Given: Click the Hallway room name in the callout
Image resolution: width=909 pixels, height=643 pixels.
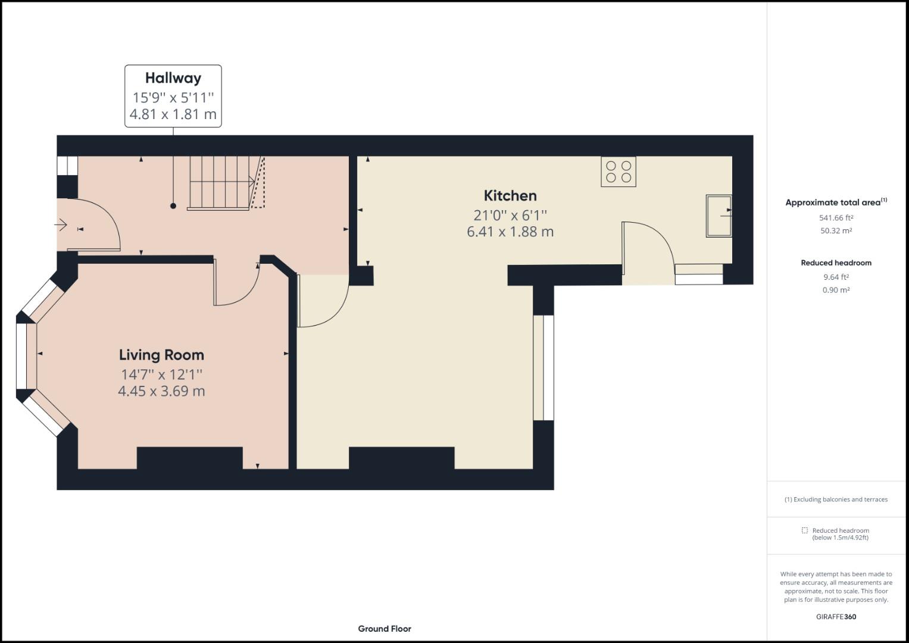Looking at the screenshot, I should [x=173, y=78].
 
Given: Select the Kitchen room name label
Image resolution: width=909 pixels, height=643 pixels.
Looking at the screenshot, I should [x=510, y=196].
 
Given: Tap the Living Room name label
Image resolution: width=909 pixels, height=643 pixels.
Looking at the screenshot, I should [x=161, y=355].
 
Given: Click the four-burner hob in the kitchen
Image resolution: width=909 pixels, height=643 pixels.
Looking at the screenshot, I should [x=618, y=171].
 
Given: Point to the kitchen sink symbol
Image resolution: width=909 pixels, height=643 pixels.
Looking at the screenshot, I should [x=719, y=216].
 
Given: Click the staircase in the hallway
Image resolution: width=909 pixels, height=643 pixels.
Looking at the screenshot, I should [x=220, y=183].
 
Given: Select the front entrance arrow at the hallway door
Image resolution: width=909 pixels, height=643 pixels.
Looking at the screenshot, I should [x=61, y=224].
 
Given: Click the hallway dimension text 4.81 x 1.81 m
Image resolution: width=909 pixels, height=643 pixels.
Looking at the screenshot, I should [x=173, y=114].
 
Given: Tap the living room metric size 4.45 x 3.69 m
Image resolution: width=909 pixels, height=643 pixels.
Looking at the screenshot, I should [x=161, y=391].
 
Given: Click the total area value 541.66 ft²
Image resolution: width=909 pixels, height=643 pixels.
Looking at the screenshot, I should [x=836, y=218].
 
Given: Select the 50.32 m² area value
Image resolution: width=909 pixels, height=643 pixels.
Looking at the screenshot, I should [x=836, y=231].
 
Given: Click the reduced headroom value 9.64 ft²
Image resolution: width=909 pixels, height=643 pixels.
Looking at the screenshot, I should [x=836, y=277].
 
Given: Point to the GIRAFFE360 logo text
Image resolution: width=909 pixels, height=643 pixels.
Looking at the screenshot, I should [x=836, y=617].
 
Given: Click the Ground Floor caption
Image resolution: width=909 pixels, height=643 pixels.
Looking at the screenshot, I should [x=385, y=629].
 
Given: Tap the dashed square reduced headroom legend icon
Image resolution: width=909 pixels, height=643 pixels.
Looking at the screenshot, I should [x=804, y=530].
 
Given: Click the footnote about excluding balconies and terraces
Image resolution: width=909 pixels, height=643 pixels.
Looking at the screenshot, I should [x=836, y=500].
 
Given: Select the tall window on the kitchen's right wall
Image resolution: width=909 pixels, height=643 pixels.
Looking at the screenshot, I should [x=543, y=368].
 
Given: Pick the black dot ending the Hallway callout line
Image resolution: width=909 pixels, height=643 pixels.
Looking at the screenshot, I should [x=173, y=206].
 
